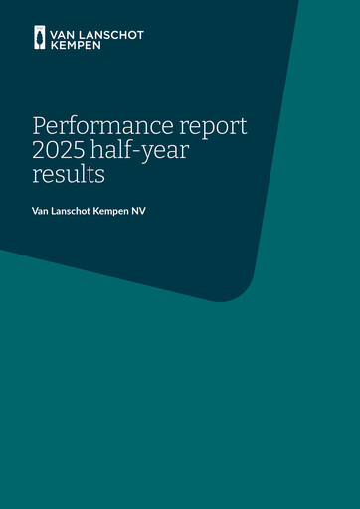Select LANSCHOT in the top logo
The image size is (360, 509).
coord(110,35)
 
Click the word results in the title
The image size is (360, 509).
coord(69,176)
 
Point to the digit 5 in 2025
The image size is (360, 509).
coord(84,152)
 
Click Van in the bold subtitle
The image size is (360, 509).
coord(41,211)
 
